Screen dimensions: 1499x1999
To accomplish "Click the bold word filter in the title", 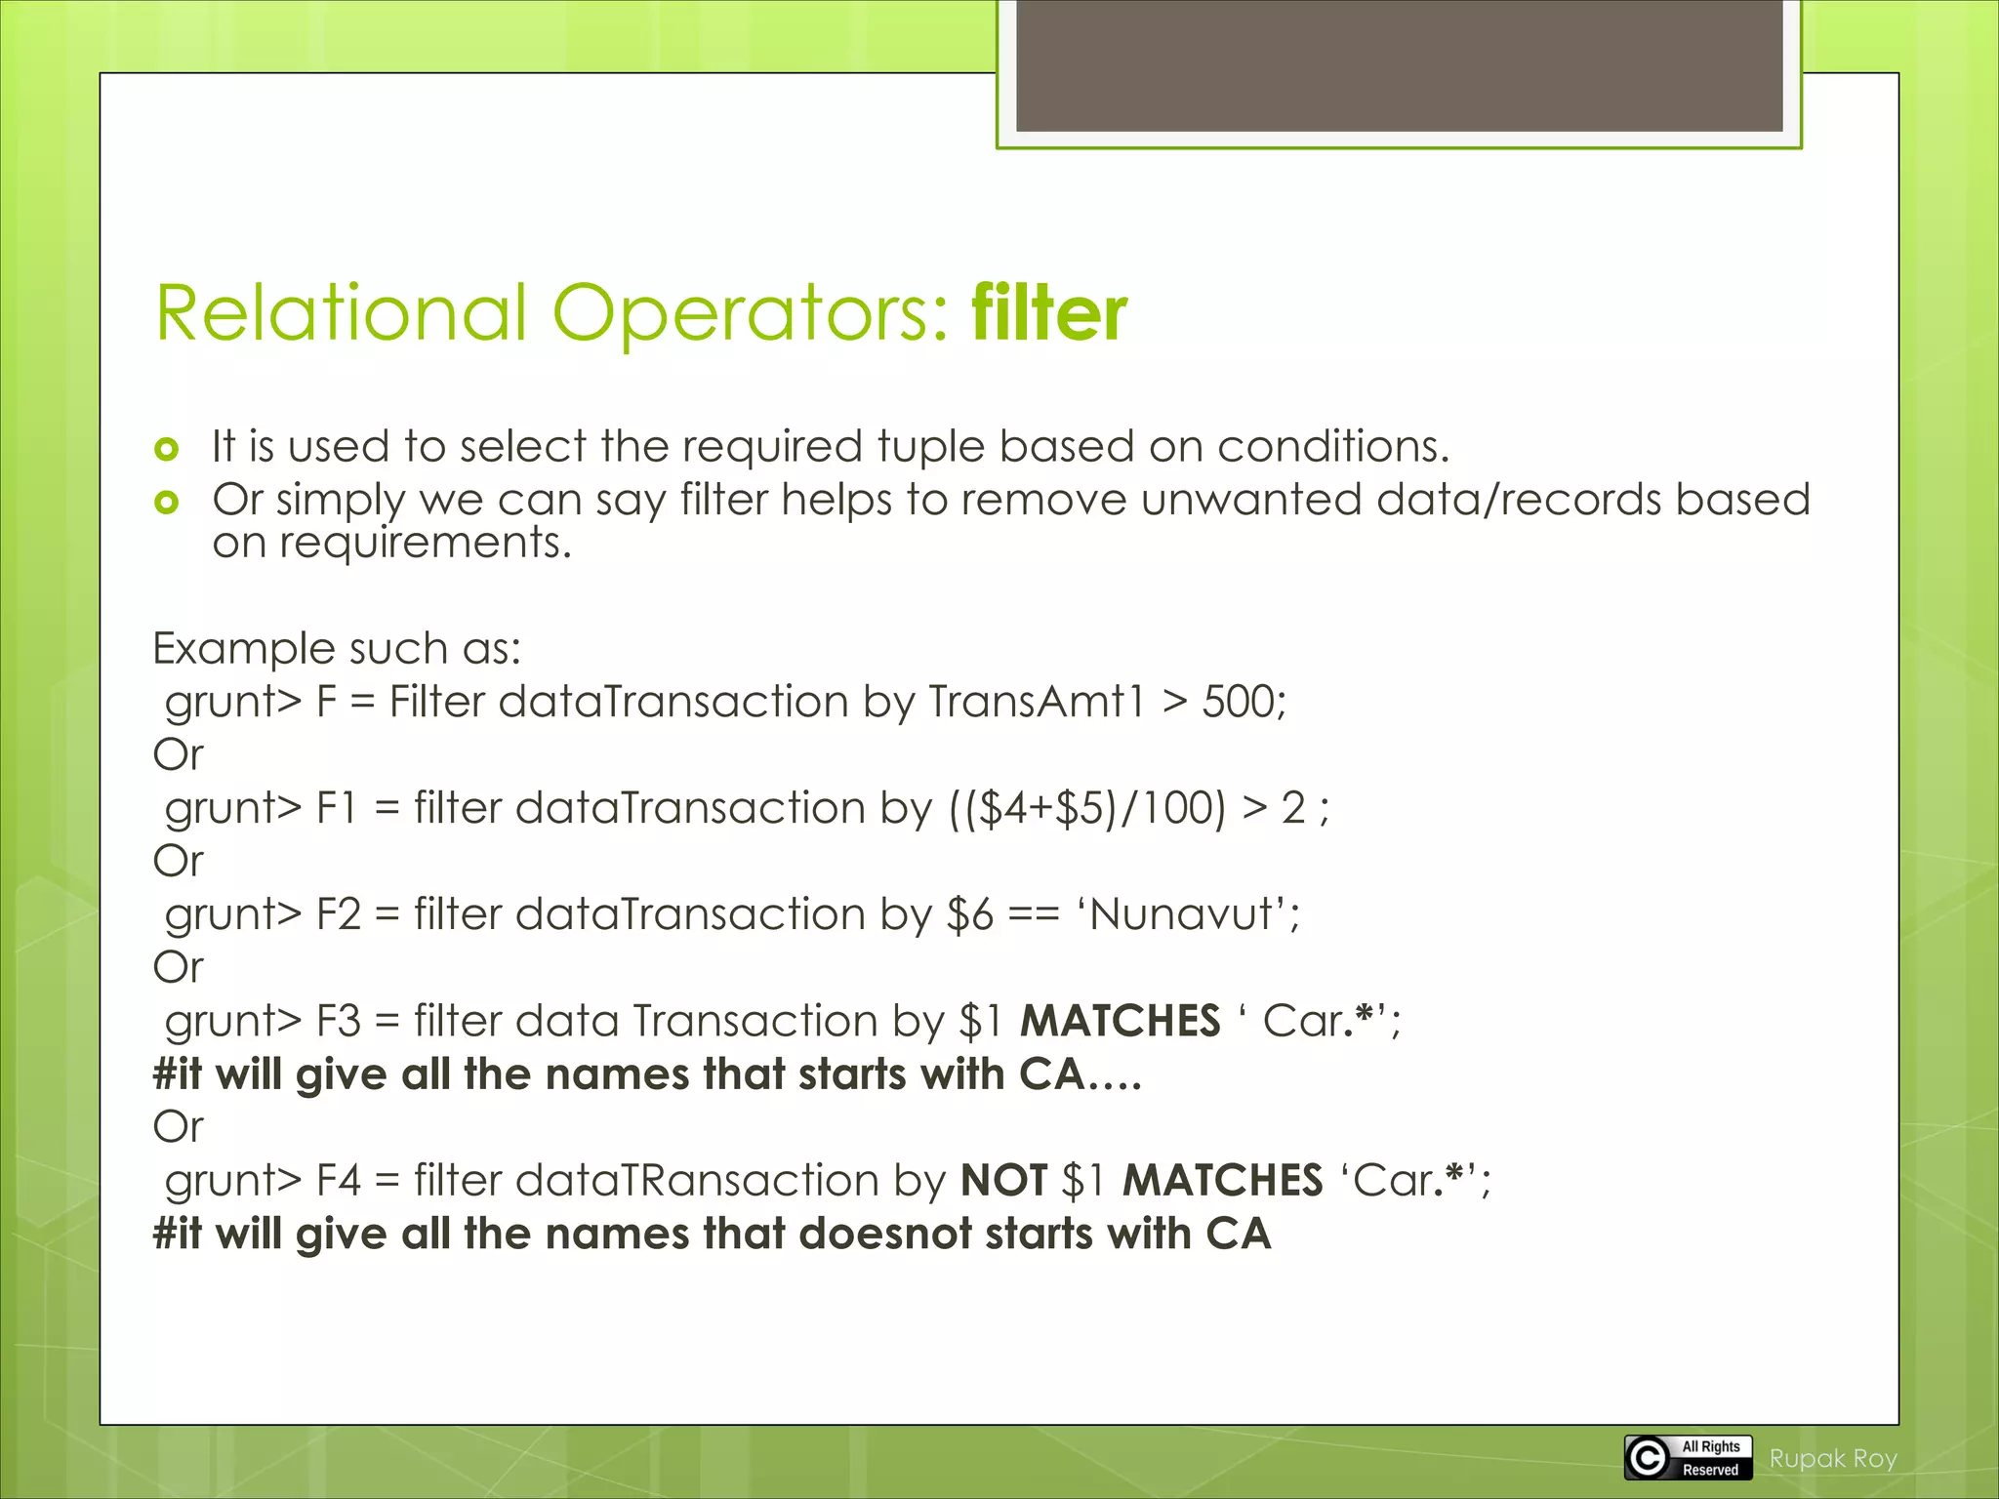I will click(1049, 314).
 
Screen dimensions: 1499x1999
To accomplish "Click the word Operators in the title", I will click(749, 314).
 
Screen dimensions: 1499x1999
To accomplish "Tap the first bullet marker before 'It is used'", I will click(167, 450).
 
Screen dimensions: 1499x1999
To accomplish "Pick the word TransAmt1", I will click(1036, 702).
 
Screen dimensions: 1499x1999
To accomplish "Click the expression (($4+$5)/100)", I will click(1086, 809).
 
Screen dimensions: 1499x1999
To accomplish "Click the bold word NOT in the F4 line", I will click(1003, 1181).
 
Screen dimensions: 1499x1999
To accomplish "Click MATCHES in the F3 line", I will click(1120, 1022).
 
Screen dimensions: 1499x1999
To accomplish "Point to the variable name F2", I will click(338, 915).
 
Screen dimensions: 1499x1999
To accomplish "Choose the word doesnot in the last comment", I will click(885, 1235).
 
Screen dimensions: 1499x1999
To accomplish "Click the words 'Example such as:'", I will click(337, 649).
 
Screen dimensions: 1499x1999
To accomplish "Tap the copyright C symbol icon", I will click(1649, 1458).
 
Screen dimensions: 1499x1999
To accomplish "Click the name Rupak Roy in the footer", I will click(1832, 1459).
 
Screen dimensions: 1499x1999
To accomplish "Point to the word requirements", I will click(424, 544).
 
